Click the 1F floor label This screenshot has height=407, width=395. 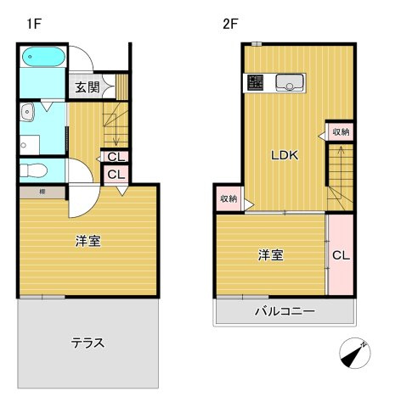(x=34, y=25)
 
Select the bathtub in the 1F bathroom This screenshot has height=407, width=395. (x=42, y=59)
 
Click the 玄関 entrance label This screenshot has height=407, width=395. (x=87, y=86)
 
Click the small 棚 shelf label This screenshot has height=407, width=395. (x=42, y=192)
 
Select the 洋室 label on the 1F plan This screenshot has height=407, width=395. (x=87, y=241)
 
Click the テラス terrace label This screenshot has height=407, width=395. (x=87, y=343)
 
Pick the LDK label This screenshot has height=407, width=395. (x=284, y=156)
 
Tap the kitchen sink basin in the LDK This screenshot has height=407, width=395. (x=293, y=82)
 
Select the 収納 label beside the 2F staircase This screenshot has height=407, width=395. (x=341, y=132)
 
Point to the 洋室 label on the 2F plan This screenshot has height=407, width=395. (x=270, y=254)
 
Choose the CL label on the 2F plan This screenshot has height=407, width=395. (x=341, y=254)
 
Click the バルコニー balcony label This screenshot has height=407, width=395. (x=285, y=311)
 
